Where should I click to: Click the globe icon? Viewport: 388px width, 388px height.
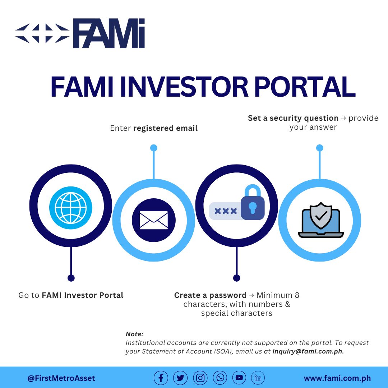pyautogui.click(x=71, y=208)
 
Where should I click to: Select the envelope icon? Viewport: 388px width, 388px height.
pyautogui.click(x=153, y=220)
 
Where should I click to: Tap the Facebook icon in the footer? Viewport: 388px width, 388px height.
pyautogui.click(x=161, y=378)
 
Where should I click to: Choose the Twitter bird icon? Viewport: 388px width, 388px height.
pyautogui.click(x=180, y=378)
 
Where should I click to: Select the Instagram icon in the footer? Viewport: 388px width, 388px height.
pyautogui.click(x=200, y=378)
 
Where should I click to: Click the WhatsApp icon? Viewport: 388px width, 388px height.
pyautogui.click(x=220, y=378)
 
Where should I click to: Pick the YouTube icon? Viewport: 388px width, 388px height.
pyautogui.click(x=239, y=378)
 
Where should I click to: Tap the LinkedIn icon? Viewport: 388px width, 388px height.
pyautogui.click(x=258, y=378)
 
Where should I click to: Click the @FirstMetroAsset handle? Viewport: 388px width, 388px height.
pyautogui.click(x=61, y=378)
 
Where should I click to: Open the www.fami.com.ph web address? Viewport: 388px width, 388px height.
pyautogui.click(x=337, y=378)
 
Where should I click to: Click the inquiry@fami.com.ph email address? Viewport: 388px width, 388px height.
pyautogui.click(x=308, y=352)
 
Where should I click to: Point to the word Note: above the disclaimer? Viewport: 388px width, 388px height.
pyautogui.click(x=134, y=334)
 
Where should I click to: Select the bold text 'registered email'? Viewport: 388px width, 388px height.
pyautogui.click(x=165, y=128)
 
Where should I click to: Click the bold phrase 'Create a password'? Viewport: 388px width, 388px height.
pyautogui.click(x=210, y=295)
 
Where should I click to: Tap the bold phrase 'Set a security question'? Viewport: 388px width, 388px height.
pyautogui.click(x=293, y=118)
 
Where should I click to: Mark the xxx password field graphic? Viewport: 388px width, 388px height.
pyautogui.click(x=225, y=211)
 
